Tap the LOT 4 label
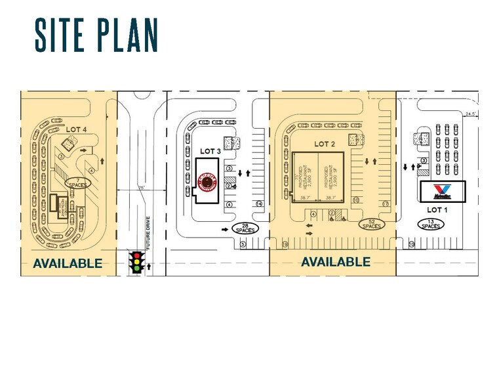(76, 129)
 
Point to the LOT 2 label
(325, 144)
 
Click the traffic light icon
(137, 261)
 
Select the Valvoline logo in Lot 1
(439, 191)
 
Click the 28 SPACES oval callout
(245, 228)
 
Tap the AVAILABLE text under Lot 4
(68, 263)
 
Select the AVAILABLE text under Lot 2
(335, 262)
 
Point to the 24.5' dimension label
(470, 114)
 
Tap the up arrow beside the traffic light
(150, 266)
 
